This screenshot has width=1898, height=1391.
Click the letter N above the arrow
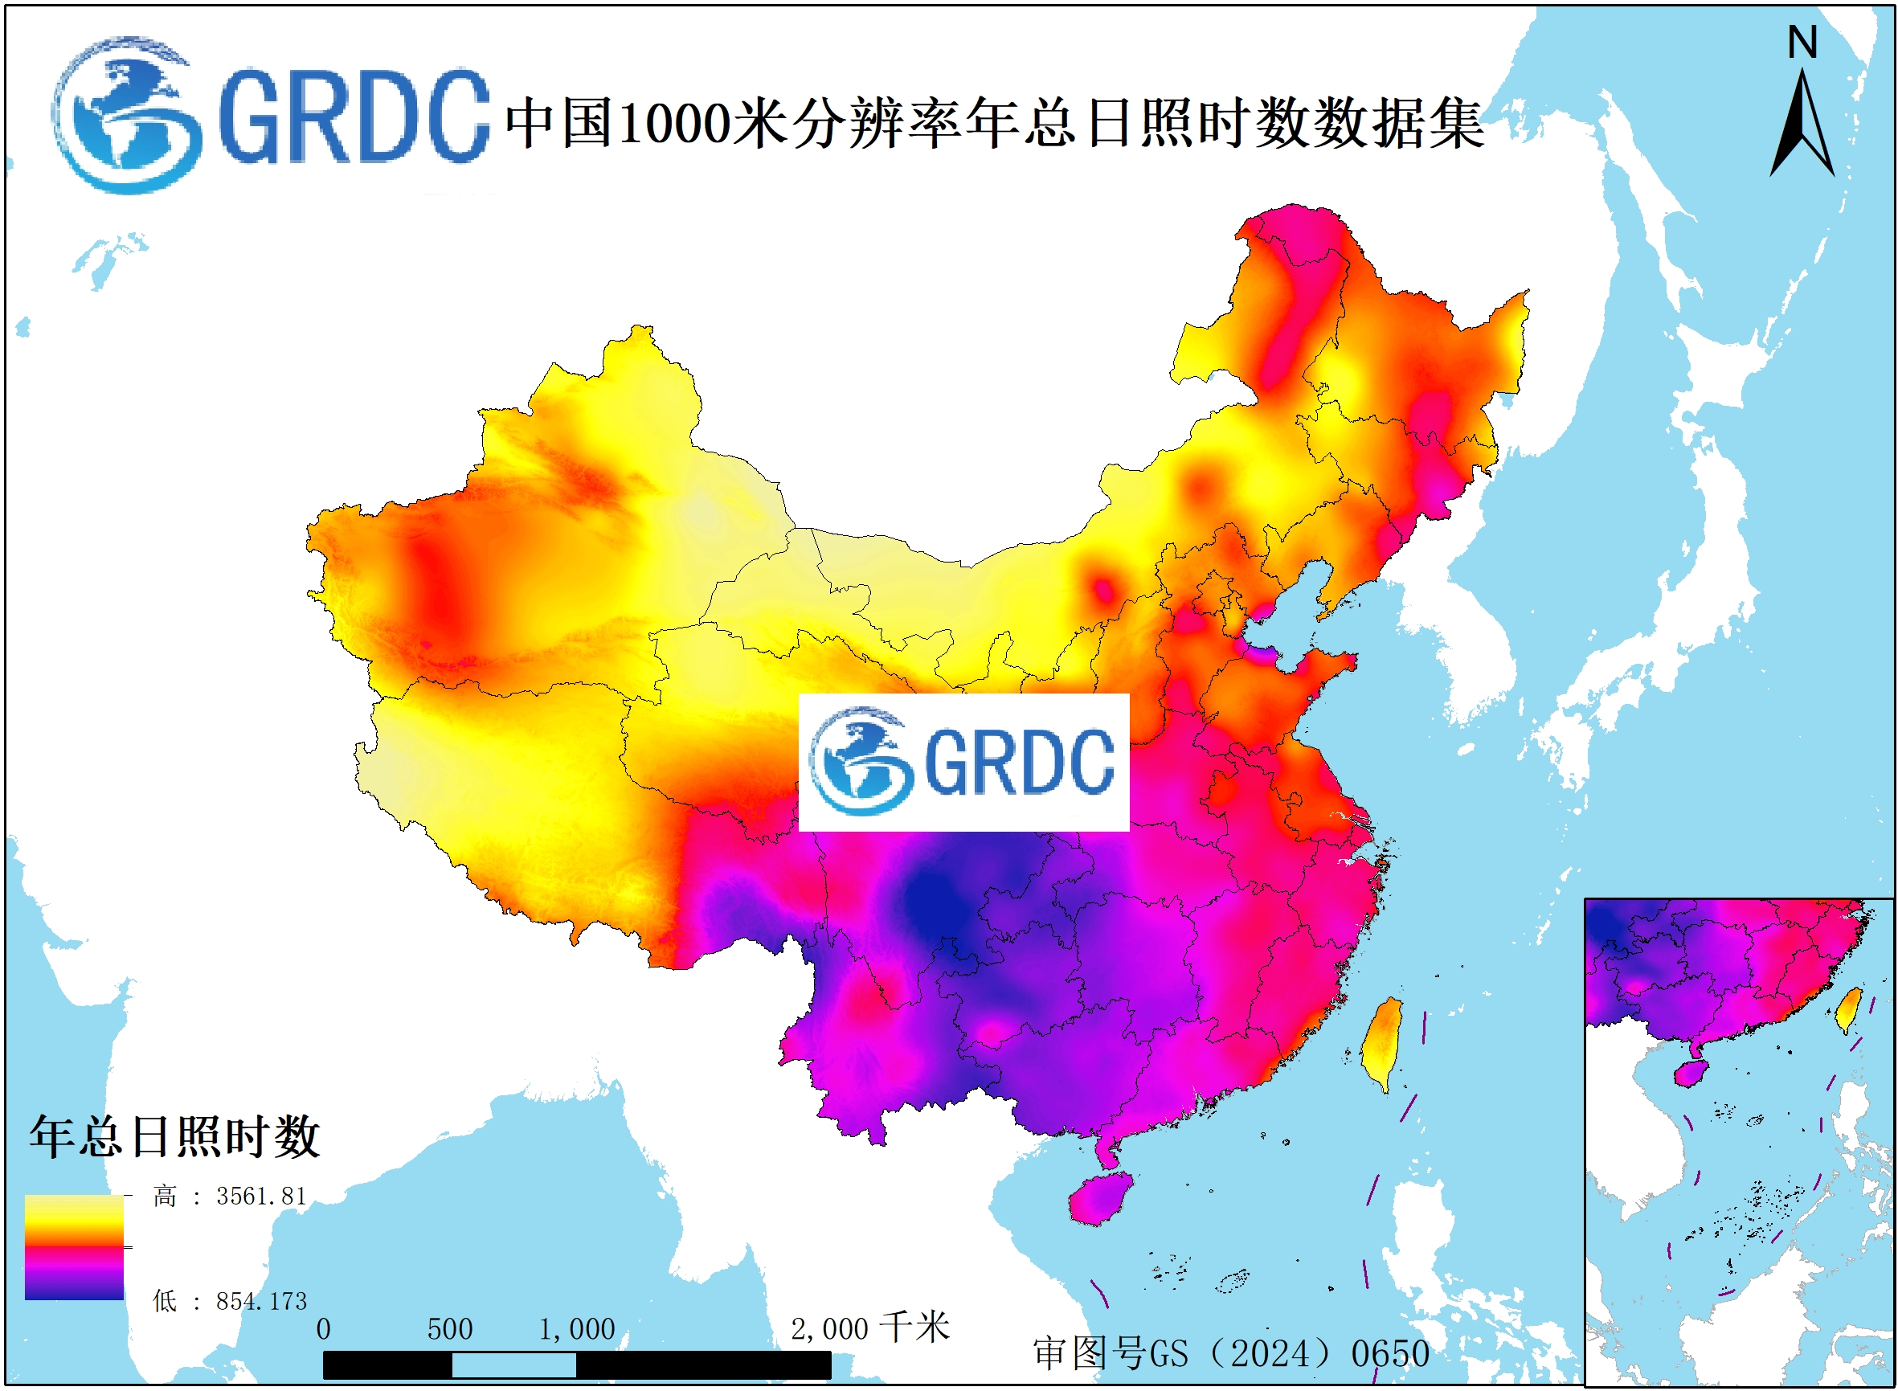(x=1802, y=42)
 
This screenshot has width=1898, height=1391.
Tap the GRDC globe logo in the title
(x=126, y=116)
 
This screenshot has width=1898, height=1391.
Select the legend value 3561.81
(x=261, y=1197)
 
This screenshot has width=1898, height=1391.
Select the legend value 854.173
(x=261, y=1302)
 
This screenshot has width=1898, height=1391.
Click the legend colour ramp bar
(x=74, y=1247)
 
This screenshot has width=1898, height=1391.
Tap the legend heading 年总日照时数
(x=175, y=1137)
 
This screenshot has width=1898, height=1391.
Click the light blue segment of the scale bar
(x=513, y=1365)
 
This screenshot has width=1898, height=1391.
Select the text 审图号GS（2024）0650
(x=1231, y=1354)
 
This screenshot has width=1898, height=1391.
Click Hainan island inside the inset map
(x=1690, y=1074)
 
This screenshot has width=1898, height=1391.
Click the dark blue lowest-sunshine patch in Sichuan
(x=935, y=905)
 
